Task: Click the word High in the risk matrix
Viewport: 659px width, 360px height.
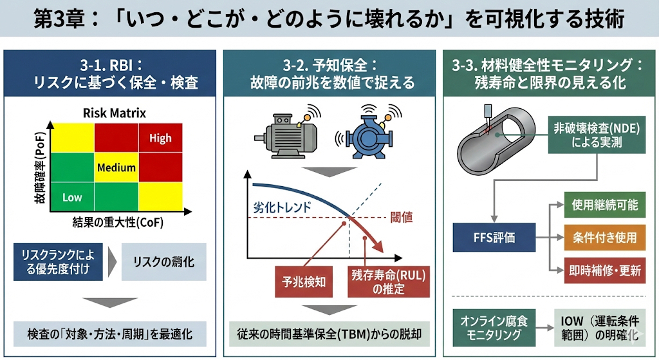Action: pyautogui.click(x=160, y=138)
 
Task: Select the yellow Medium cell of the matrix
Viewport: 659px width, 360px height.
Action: pyautogui.click(x=116, y=168)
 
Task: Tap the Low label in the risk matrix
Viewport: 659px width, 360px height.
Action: pyautogui.click(x=72, y=198)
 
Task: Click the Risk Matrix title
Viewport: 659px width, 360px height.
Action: pyautogui.click(x=115, y=113)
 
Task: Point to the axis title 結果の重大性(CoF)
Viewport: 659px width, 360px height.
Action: pyautogui.click(x=117, y=223)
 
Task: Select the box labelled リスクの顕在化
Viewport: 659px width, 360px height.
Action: pyautogui.click(x=163, y=262)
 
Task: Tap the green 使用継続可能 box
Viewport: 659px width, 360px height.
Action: pyautogui.click(x=605, y=205)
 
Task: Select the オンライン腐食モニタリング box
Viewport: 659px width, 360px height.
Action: pyautogui.click(x=490, y=327)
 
